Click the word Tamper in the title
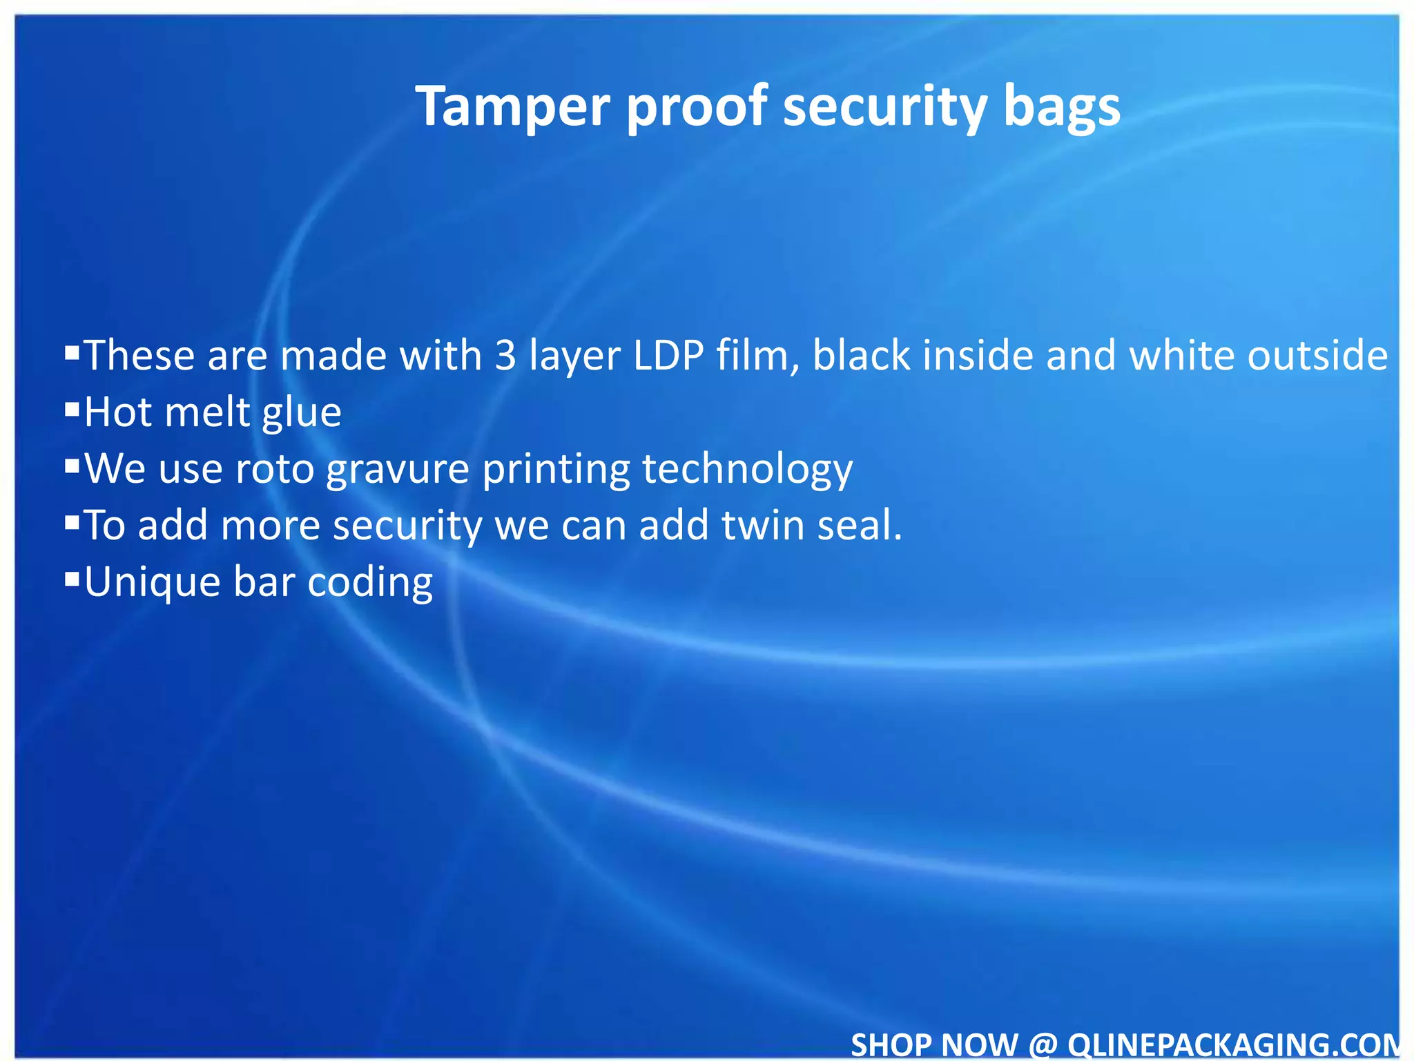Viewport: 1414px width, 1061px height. [x=513, y=107]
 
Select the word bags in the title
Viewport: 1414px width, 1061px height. [x=1061, y=107]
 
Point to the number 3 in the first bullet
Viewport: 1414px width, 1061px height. [x=505, y=356]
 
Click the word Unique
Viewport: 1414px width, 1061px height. [x=152, y=582]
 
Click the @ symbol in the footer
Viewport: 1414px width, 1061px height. [x=1042, y=1044]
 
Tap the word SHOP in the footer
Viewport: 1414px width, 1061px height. [x=890, y=1044]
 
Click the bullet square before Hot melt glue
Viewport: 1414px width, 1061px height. [x=72, y=410]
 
